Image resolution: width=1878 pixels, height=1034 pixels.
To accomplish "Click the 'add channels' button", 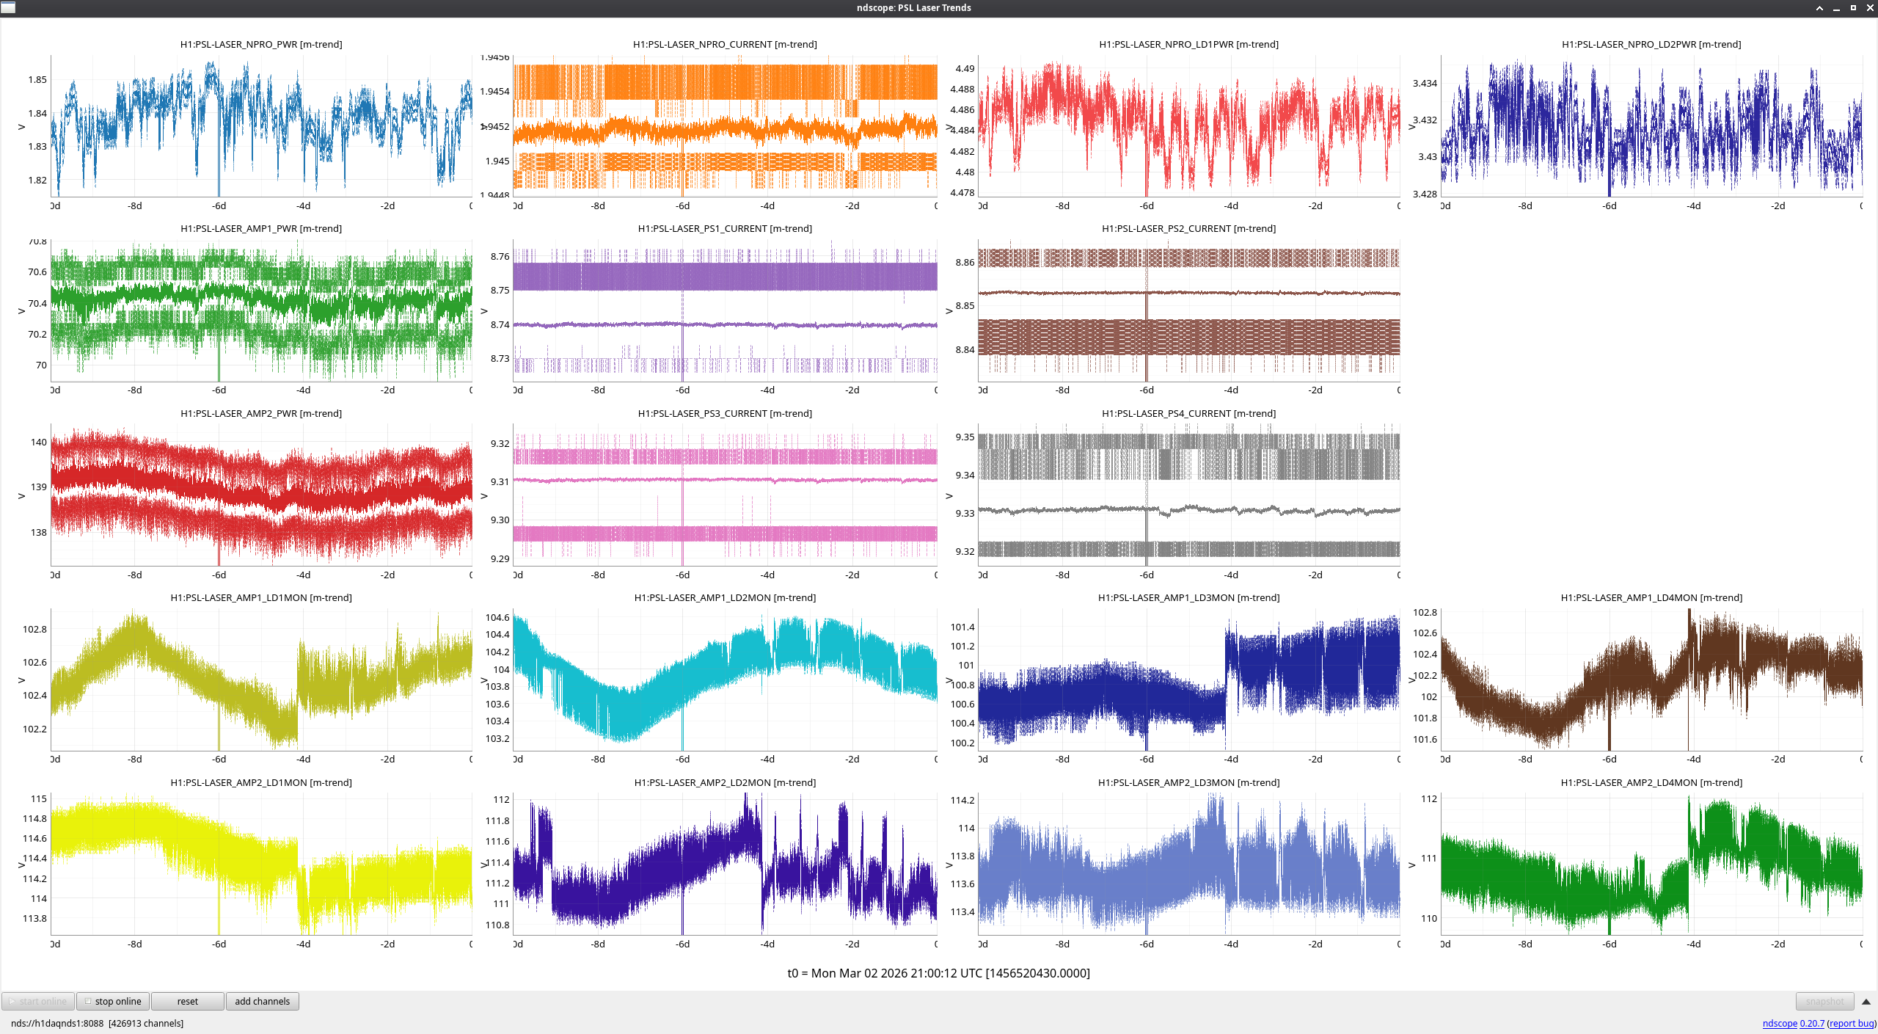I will point(262,1001).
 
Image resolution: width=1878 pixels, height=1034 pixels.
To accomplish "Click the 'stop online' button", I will point(114,1001).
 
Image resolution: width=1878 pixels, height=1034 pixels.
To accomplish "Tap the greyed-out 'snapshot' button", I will point(1824,1001).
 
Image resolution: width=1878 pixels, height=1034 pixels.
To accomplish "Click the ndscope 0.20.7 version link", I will point(1793,1023).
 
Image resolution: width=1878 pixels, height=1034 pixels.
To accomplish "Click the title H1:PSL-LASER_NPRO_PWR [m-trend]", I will point(261,44).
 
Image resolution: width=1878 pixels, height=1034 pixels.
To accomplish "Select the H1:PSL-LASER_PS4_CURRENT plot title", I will point(1188,413).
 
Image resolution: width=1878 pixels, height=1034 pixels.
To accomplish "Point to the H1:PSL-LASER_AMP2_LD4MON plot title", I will point(1651,782).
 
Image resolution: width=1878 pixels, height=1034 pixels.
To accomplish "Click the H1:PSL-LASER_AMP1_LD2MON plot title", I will point(725,597).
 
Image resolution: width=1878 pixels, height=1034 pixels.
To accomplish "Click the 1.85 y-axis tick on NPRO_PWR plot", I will point(37,79).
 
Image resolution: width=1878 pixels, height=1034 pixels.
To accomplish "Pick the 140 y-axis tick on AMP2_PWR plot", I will point(39,442).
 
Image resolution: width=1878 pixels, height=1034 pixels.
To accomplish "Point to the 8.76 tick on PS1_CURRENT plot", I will point(500,256).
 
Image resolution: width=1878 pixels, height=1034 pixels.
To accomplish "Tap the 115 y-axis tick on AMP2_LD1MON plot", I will point(39,798).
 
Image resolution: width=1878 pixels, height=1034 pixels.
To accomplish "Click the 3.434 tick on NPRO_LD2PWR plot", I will point(1425,83).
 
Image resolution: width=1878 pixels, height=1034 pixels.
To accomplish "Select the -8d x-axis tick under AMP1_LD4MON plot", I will point(1525,759).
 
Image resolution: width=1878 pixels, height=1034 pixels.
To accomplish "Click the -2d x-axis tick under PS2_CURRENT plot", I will point(1315,390).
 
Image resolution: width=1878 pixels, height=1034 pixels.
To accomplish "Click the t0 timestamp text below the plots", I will point(938,973).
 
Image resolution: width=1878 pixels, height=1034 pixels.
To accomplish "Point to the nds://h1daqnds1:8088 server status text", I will point(57,1023).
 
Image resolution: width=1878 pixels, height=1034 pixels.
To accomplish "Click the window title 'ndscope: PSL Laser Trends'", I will point(913,7).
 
